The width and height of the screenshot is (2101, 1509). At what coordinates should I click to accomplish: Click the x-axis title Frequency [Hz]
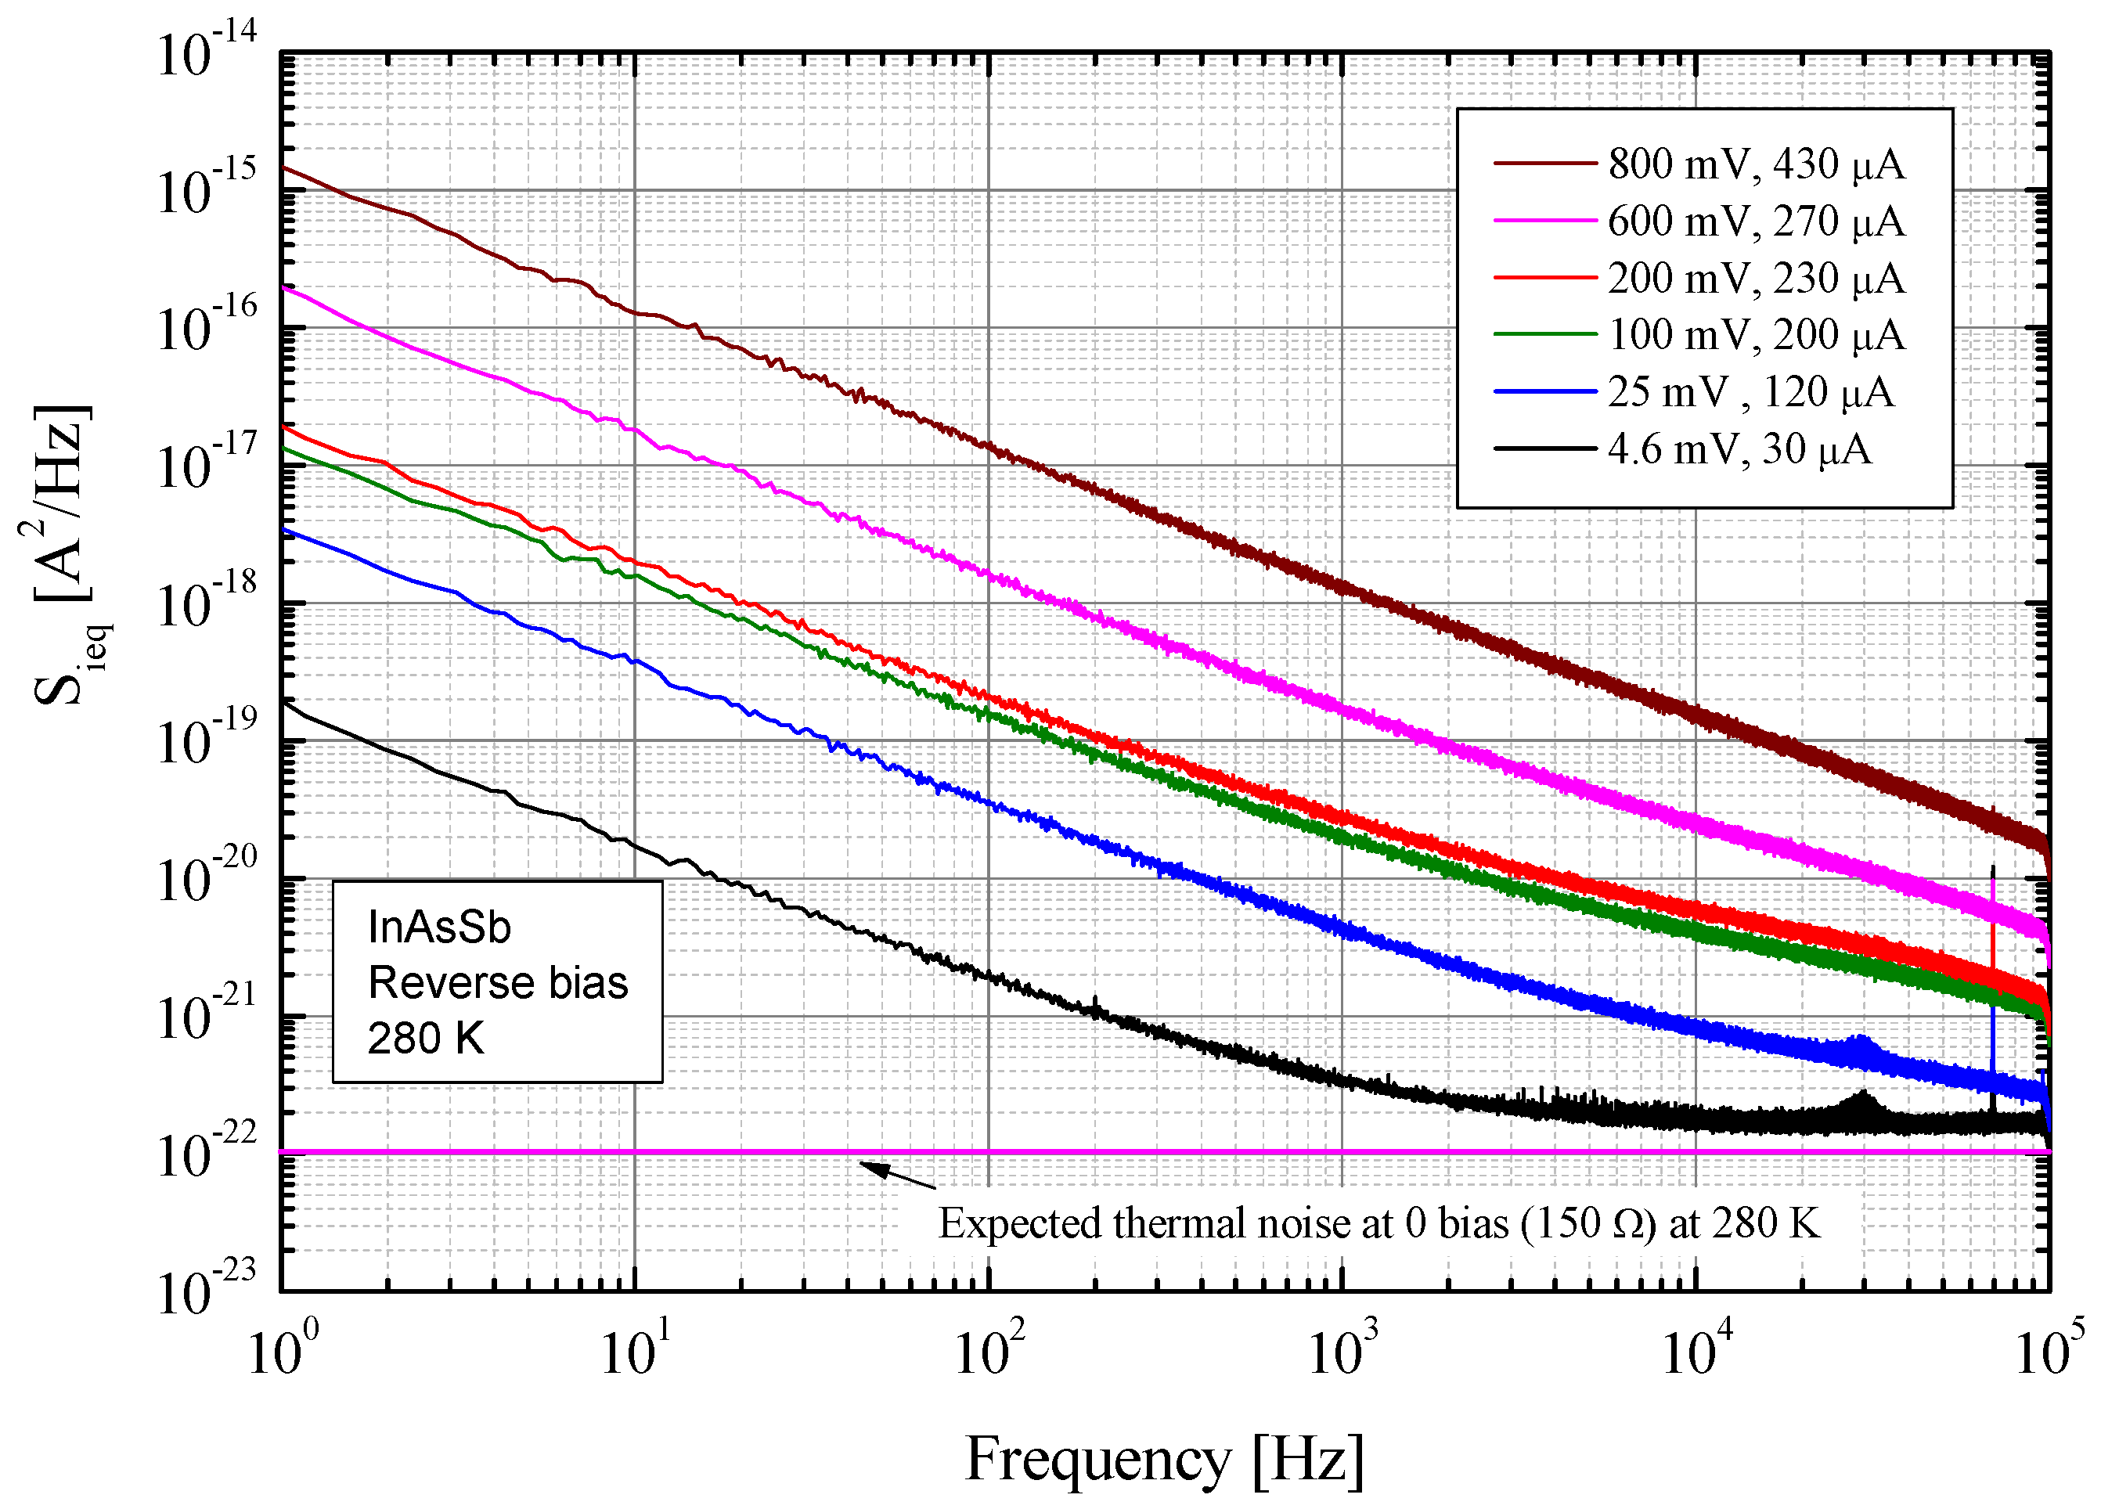point(1165,1460)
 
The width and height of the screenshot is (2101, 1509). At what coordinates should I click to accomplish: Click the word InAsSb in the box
point(439,927)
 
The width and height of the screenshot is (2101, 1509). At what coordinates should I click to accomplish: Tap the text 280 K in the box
point(425,1039)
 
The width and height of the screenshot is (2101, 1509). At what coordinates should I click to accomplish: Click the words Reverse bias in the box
point(497,983)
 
